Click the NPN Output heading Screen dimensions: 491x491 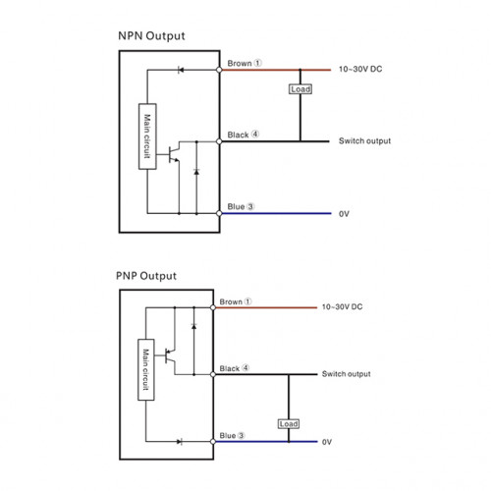point(151,35)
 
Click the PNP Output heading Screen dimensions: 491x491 point(146,276)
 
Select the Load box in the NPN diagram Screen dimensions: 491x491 point(300,89)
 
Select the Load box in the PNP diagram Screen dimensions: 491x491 point(289,424)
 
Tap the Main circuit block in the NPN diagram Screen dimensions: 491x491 point(147,136)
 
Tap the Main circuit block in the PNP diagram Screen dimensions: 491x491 point(146,369)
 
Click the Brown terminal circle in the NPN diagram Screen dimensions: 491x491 point(219,70)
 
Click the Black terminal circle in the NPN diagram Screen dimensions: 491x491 point(219,141)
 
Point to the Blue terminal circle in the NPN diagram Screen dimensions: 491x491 point(219,213)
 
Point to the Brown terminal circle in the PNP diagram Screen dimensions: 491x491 point(213,307)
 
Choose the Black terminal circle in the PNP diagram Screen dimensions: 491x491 point(213,374)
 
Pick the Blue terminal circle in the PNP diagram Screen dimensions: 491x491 point(213,442)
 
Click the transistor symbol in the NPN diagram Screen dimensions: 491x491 point(174,154)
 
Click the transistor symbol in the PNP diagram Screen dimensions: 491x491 point(170,355)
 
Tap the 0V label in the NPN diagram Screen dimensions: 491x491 point(344,214)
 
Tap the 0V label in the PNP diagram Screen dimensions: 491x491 point(327,442)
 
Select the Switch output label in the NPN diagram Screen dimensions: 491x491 point(364,141)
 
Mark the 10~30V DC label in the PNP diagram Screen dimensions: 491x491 point(342,306)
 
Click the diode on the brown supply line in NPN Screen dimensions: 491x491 point(181,70)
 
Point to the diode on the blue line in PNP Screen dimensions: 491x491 point(180,442)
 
